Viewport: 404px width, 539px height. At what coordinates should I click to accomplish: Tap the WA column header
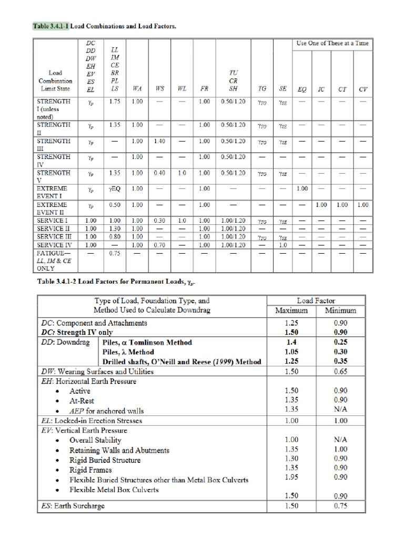pos(137,89)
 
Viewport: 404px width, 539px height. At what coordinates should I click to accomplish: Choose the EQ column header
pos(301,90)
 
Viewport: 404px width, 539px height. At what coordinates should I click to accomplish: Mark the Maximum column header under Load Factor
pos(291,311)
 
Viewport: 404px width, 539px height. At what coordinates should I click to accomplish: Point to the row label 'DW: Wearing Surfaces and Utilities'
pos(97,371)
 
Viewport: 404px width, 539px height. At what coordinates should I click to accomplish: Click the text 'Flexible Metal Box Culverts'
pos(114,490)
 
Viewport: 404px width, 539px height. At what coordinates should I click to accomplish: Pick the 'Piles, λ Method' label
pos(128,352)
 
